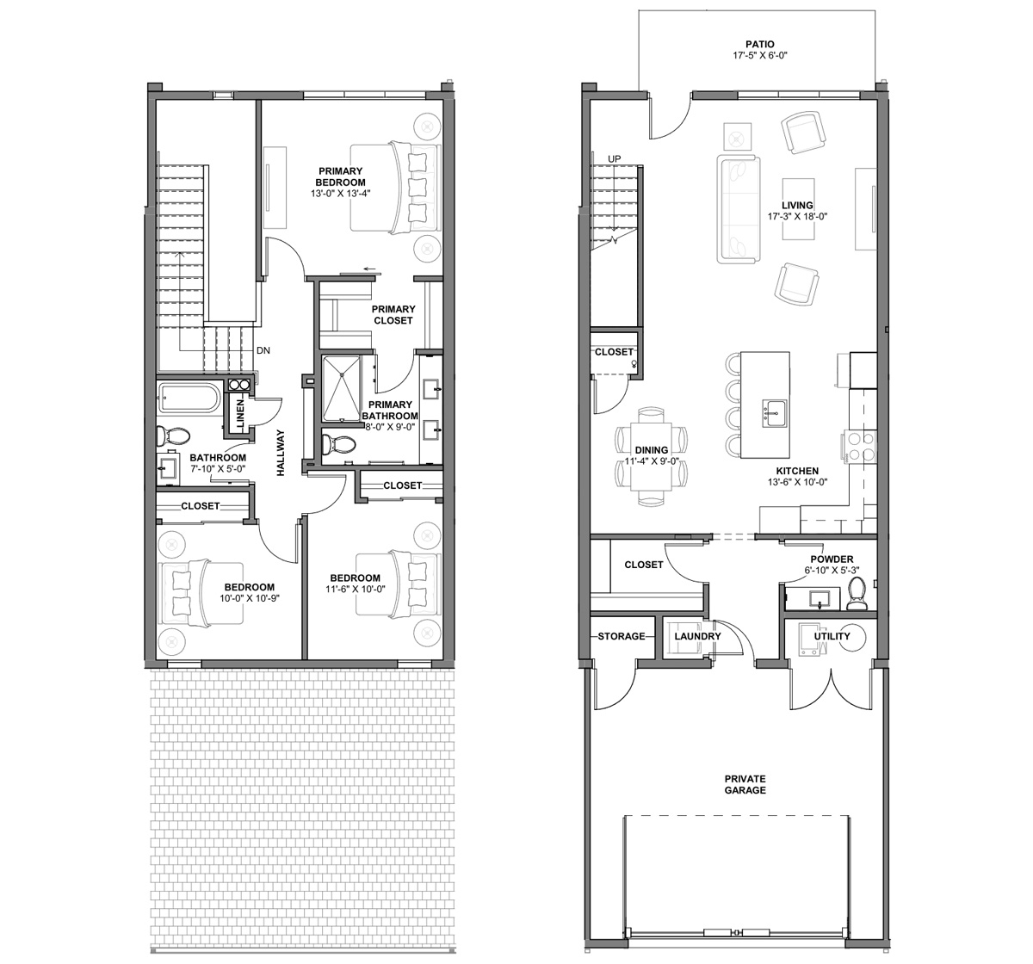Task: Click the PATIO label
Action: tap(759, 45)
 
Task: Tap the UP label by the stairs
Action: tap(615, 158)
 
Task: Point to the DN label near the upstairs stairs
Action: tap(263, 350)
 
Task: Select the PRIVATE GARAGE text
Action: tap(745, 784)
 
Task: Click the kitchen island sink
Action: tap(775, 414)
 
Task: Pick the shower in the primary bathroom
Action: tap(341, 389)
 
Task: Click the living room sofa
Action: tap(738, 208)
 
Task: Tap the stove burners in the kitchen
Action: tap(861, 447)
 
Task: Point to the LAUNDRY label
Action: tap(697, 636)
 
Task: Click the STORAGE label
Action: tap(621, 636)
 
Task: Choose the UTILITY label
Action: tap(832, 636)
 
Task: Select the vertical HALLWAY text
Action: tap(281, 453)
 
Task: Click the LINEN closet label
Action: tap(240, 414)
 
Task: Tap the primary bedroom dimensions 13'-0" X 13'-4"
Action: tap(341, 194)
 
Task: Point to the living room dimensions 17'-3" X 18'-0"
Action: tap(797, 216)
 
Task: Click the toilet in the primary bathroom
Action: tap(338, 444)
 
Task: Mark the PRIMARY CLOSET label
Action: tap(393, 315)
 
